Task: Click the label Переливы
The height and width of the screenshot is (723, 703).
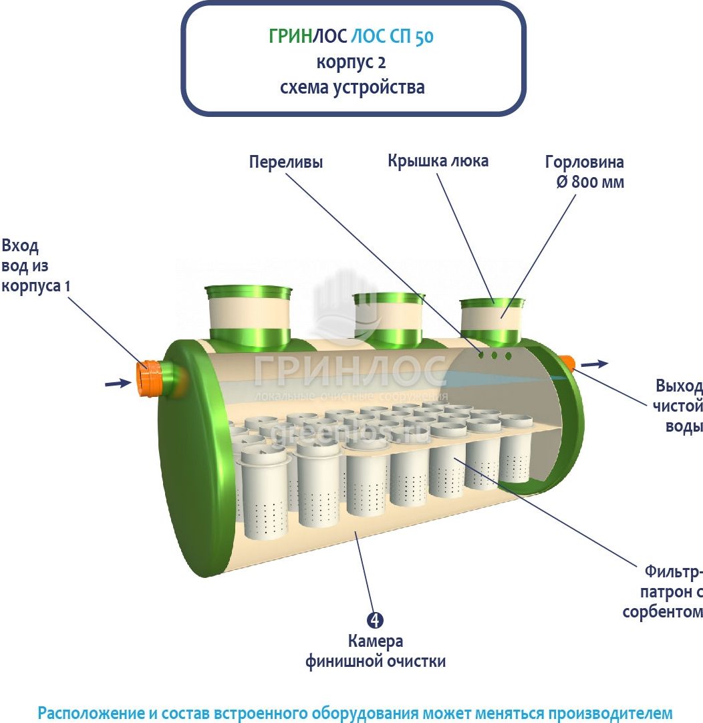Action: (x=285, y=162)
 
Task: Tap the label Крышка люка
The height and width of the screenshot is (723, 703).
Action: (x=438, y=161)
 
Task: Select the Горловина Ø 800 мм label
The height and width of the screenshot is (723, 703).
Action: (x=585, y=172)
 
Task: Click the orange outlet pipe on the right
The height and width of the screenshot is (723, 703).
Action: (x=568, y=363)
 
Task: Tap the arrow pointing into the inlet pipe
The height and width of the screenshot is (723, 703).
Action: (x=118, y=383)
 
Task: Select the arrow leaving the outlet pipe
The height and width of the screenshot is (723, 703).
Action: (x=595, y=364)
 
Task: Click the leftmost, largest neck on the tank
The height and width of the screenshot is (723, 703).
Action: (x=249, y=315)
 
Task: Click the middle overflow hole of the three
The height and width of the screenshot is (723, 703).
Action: (x=495, y=355)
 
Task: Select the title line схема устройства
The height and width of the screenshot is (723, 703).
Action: (x=351, y=88)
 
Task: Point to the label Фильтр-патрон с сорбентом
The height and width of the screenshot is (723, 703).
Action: (x=664, y=592)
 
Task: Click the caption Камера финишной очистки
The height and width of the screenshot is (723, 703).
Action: (x=376, y=652)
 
